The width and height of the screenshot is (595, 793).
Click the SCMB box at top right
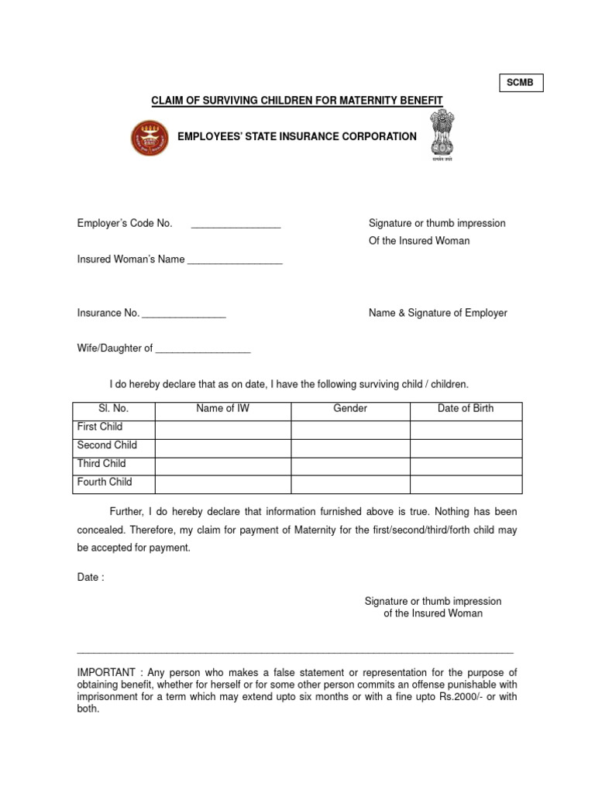coord(520,82)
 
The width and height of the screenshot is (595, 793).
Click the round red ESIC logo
coord(148,137)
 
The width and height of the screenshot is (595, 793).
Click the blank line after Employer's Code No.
coord(236,225)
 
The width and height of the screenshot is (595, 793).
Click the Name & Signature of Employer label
coord(438,313)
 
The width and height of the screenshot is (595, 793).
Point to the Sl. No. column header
coord(114,409)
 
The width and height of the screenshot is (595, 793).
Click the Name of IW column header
coord(223,409)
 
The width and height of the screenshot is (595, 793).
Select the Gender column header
coord(350,409)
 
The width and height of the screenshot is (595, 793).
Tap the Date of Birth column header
coord(466,409)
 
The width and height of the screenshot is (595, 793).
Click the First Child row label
coord(100,427)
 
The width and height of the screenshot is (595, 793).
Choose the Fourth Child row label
coord(105,482)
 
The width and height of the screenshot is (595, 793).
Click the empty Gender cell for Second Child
coord(350,448)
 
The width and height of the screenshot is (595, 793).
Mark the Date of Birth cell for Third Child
coord(466,466)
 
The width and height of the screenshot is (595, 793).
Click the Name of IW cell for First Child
coord(223,430)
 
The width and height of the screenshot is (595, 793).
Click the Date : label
coord(91,578)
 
